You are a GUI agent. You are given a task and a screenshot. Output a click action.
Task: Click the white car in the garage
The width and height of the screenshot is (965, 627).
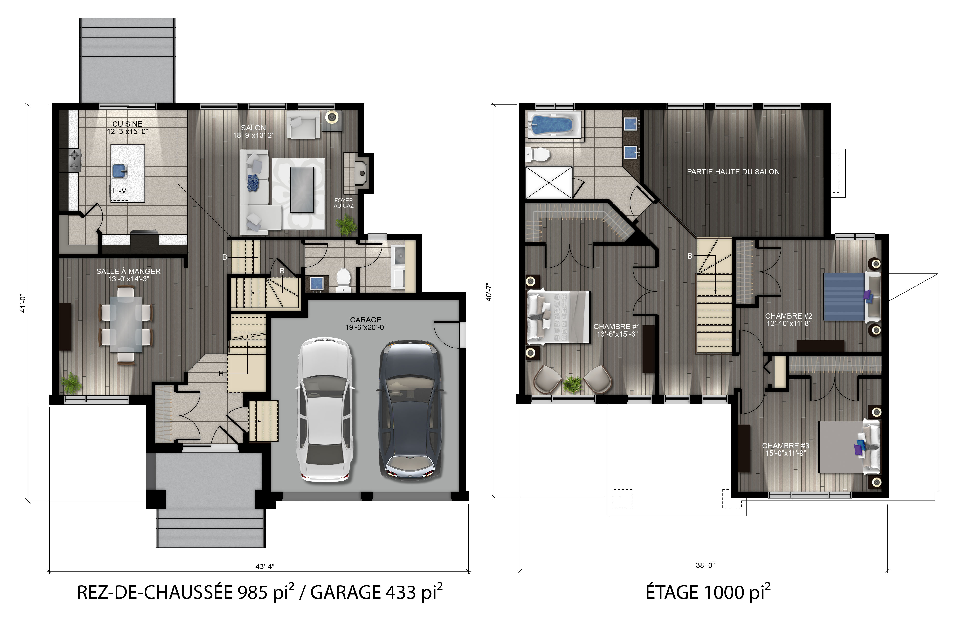pyautogui.click(x=325, y=409)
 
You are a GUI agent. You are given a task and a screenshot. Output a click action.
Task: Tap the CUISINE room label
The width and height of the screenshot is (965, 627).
pyautogui.click(x=127, y=124)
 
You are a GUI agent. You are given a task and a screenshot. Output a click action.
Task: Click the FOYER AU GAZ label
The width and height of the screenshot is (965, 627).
pyautogui.click(x=344, y=203)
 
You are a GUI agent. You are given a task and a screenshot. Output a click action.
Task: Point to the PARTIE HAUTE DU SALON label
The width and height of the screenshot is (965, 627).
pyautogui.click(x=733, y=172)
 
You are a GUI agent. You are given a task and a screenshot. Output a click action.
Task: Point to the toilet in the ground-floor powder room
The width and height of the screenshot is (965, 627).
pyautogui.click(x=343, y=280)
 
